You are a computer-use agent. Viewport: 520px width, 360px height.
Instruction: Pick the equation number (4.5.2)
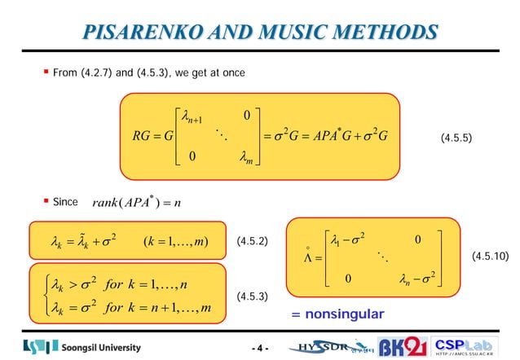click(252, 242)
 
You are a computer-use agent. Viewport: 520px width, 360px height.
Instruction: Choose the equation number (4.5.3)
click(252, 298)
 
